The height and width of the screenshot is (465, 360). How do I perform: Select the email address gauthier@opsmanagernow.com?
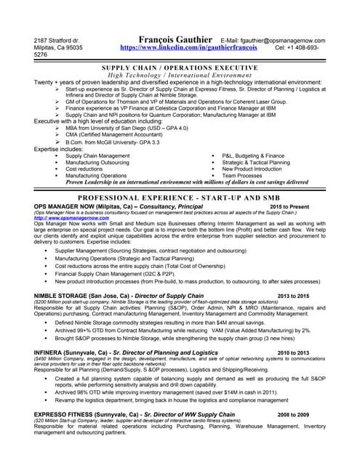(x=282, y=40)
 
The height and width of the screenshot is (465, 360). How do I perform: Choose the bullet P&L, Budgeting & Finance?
(x=252, y=155)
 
